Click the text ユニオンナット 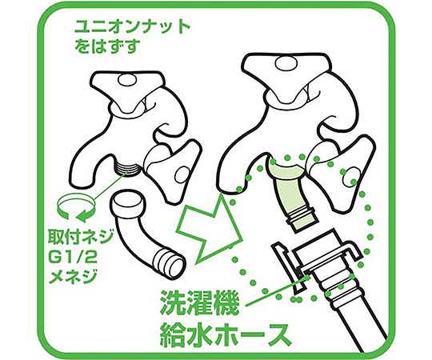point(133,27)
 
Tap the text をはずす point(106,46)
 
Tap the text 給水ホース point(225,334)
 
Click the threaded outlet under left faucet point(127,168)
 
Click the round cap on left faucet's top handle point(127,79)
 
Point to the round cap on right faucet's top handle point(285,62)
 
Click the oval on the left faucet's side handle point(184,174)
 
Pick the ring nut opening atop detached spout point(127,199)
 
